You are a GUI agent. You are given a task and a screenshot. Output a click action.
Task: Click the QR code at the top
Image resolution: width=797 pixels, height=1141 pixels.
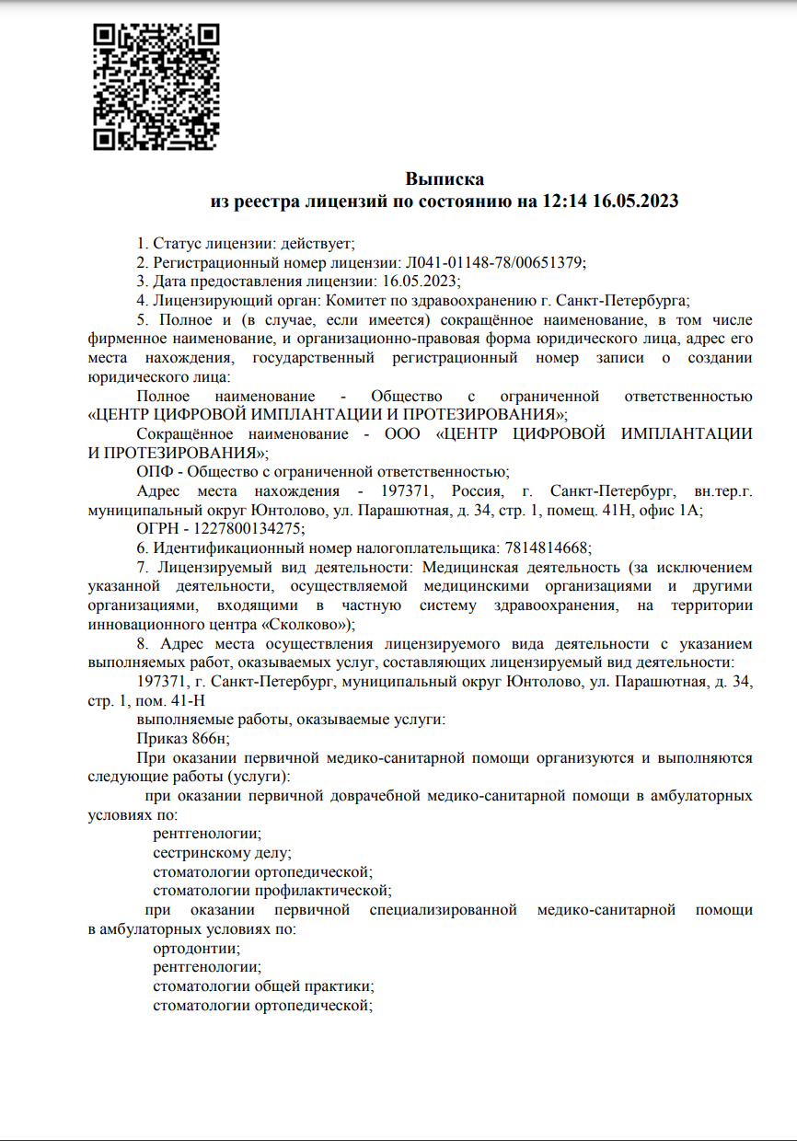[x=157, y=86]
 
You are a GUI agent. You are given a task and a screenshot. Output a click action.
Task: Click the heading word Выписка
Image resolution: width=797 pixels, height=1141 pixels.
[x=445, y=179]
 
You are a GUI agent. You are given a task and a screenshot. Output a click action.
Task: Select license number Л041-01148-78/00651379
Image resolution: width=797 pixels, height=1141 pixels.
[x=493, y=262]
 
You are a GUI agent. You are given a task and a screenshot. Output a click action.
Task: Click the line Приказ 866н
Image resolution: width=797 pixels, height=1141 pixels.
[x=182, y=738]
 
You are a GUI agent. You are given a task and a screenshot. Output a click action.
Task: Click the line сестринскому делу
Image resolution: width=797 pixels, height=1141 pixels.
[x=222, y=852]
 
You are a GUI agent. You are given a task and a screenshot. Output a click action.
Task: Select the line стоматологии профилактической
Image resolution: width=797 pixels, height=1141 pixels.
[x=272, y=890]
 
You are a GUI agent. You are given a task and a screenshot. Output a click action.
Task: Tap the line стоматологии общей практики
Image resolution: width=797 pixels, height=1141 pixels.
[x=263, y=986]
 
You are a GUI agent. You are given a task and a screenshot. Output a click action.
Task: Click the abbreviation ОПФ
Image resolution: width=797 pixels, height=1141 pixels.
[x=154, y=471]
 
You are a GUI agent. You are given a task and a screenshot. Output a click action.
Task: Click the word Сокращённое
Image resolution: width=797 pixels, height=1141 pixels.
[x=184, y=433]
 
